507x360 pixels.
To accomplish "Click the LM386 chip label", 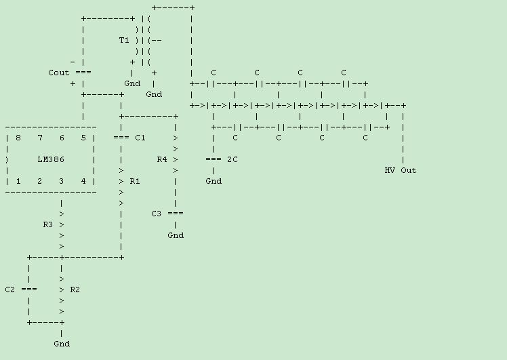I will [x=51, y=159].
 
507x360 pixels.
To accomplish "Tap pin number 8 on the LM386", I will [x=18, y=138].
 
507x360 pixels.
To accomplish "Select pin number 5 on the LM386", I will [x=83, y=138].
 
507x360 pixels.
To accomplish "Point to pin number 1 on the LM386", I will [x=18, y=181].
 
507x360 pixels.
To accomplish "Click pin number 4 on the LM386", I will [x=83, y=181].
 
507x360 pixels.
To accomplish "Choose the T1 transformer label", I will [x=124, y=40].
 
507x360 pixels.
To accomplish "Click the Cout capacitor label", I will [x=59, y=73].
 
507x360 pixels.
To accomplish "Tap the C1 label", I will [x=140, y=138].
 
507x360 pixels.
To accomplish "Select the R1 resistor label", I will [x=135, y=181].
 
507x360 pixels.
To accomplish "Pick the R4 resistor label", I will [x=162, y=159].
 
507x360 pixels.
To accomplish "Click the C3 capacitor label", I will [x=157, y=214].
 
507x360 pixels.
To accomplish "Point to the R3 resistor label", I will [x=48, y=224].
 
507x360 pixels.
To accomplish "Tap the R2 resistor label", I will [x=75, y=289].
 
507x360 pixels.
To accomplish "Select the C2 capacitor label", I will [x=10, y=289].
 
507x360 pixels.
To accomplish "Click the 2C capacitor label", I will [x=232, y=159].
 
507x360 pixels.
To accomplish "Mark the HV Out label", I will [x=401, y=170].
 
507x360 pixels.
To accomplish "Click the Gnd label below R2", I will [x=62, y=344].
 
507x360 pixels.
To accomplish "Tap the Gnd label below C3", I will [x=176, y=235].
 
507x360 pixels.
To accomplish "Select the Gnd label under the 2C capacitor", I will [x=214, y=181].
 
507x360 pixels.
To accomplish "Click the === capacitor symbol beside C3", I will [x=176, y=214].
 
